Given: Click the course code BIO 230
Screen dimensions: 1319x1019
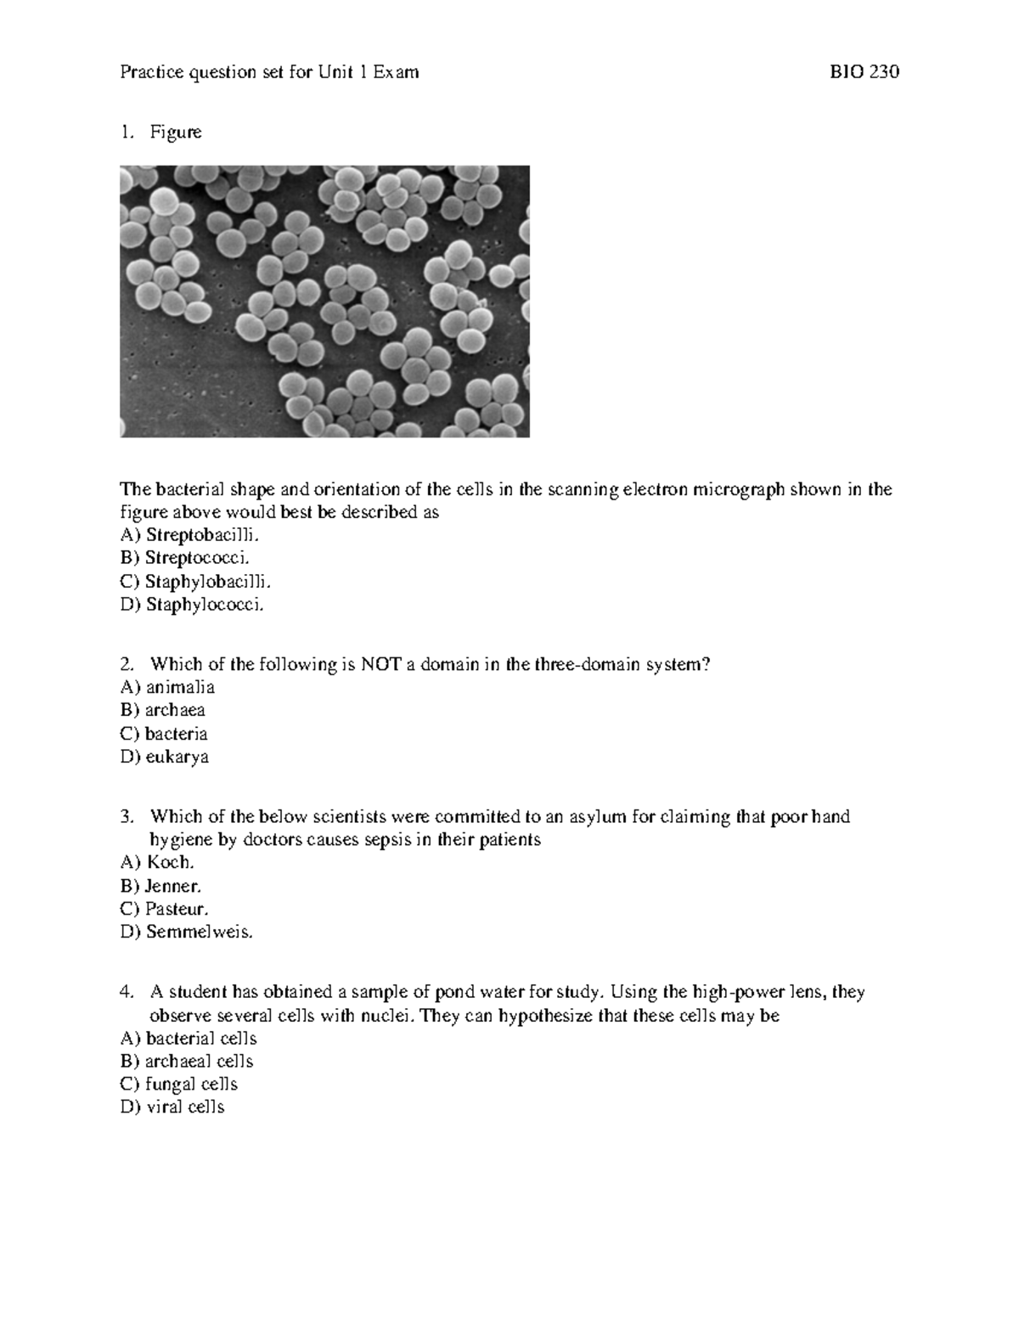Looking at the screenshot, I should click(864, 72).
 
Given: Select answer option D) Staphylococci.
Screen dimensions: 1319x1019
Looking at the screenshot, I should click(194, 605).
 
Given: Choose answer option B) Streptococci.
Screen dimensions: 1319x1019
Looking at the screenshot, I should click(186, 558).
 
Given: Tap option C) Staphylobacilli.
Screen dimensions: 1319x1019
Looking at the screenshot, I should click(196, 582).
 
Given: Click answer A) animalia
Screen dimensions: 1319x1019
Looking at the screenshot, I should click(167, 687).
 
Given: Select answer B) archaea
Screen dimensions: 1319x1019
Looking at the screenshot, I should click(163, 710).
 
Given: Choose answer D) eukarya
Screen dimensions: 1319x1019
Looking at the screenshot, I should click(165, 757).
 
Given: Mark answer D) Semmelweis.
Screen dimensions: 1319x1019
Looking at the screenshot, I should click(187, 932).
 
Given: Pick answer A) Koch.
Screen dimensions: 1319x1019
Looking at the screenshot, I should click(158, 862).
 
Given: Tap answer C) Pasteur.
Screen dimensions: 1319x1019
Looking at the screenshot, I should click(165, 909).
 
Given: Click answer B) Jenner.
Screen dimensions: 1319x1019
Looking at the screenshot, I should click(161, 886).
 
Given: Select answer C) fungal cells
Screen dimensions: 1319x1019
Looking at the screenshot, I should click(179, 1085).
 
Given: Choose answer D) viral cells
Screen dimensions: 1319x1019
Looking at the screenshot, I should click(172, 1108).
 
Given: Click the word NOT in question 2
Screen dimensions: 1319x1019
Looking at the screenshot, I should click(380, 664).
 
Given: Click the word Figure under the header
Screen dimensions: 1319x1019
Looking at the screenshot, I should click(176, 132).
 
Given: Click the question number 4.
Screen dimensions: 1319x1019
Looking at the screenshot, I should click(127, 992).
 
